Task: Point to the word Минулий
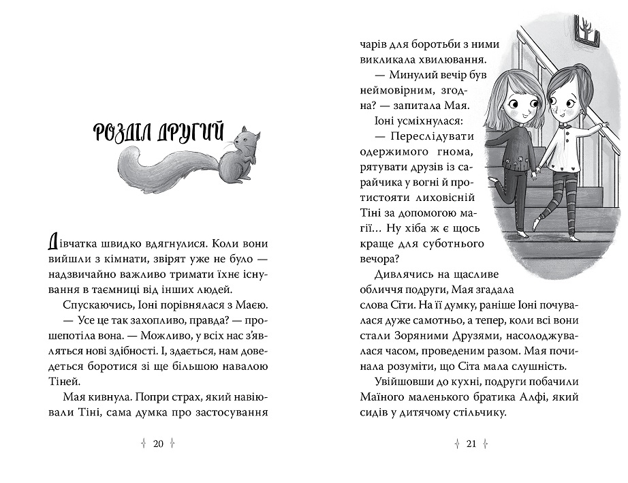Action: click(409, 78)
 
